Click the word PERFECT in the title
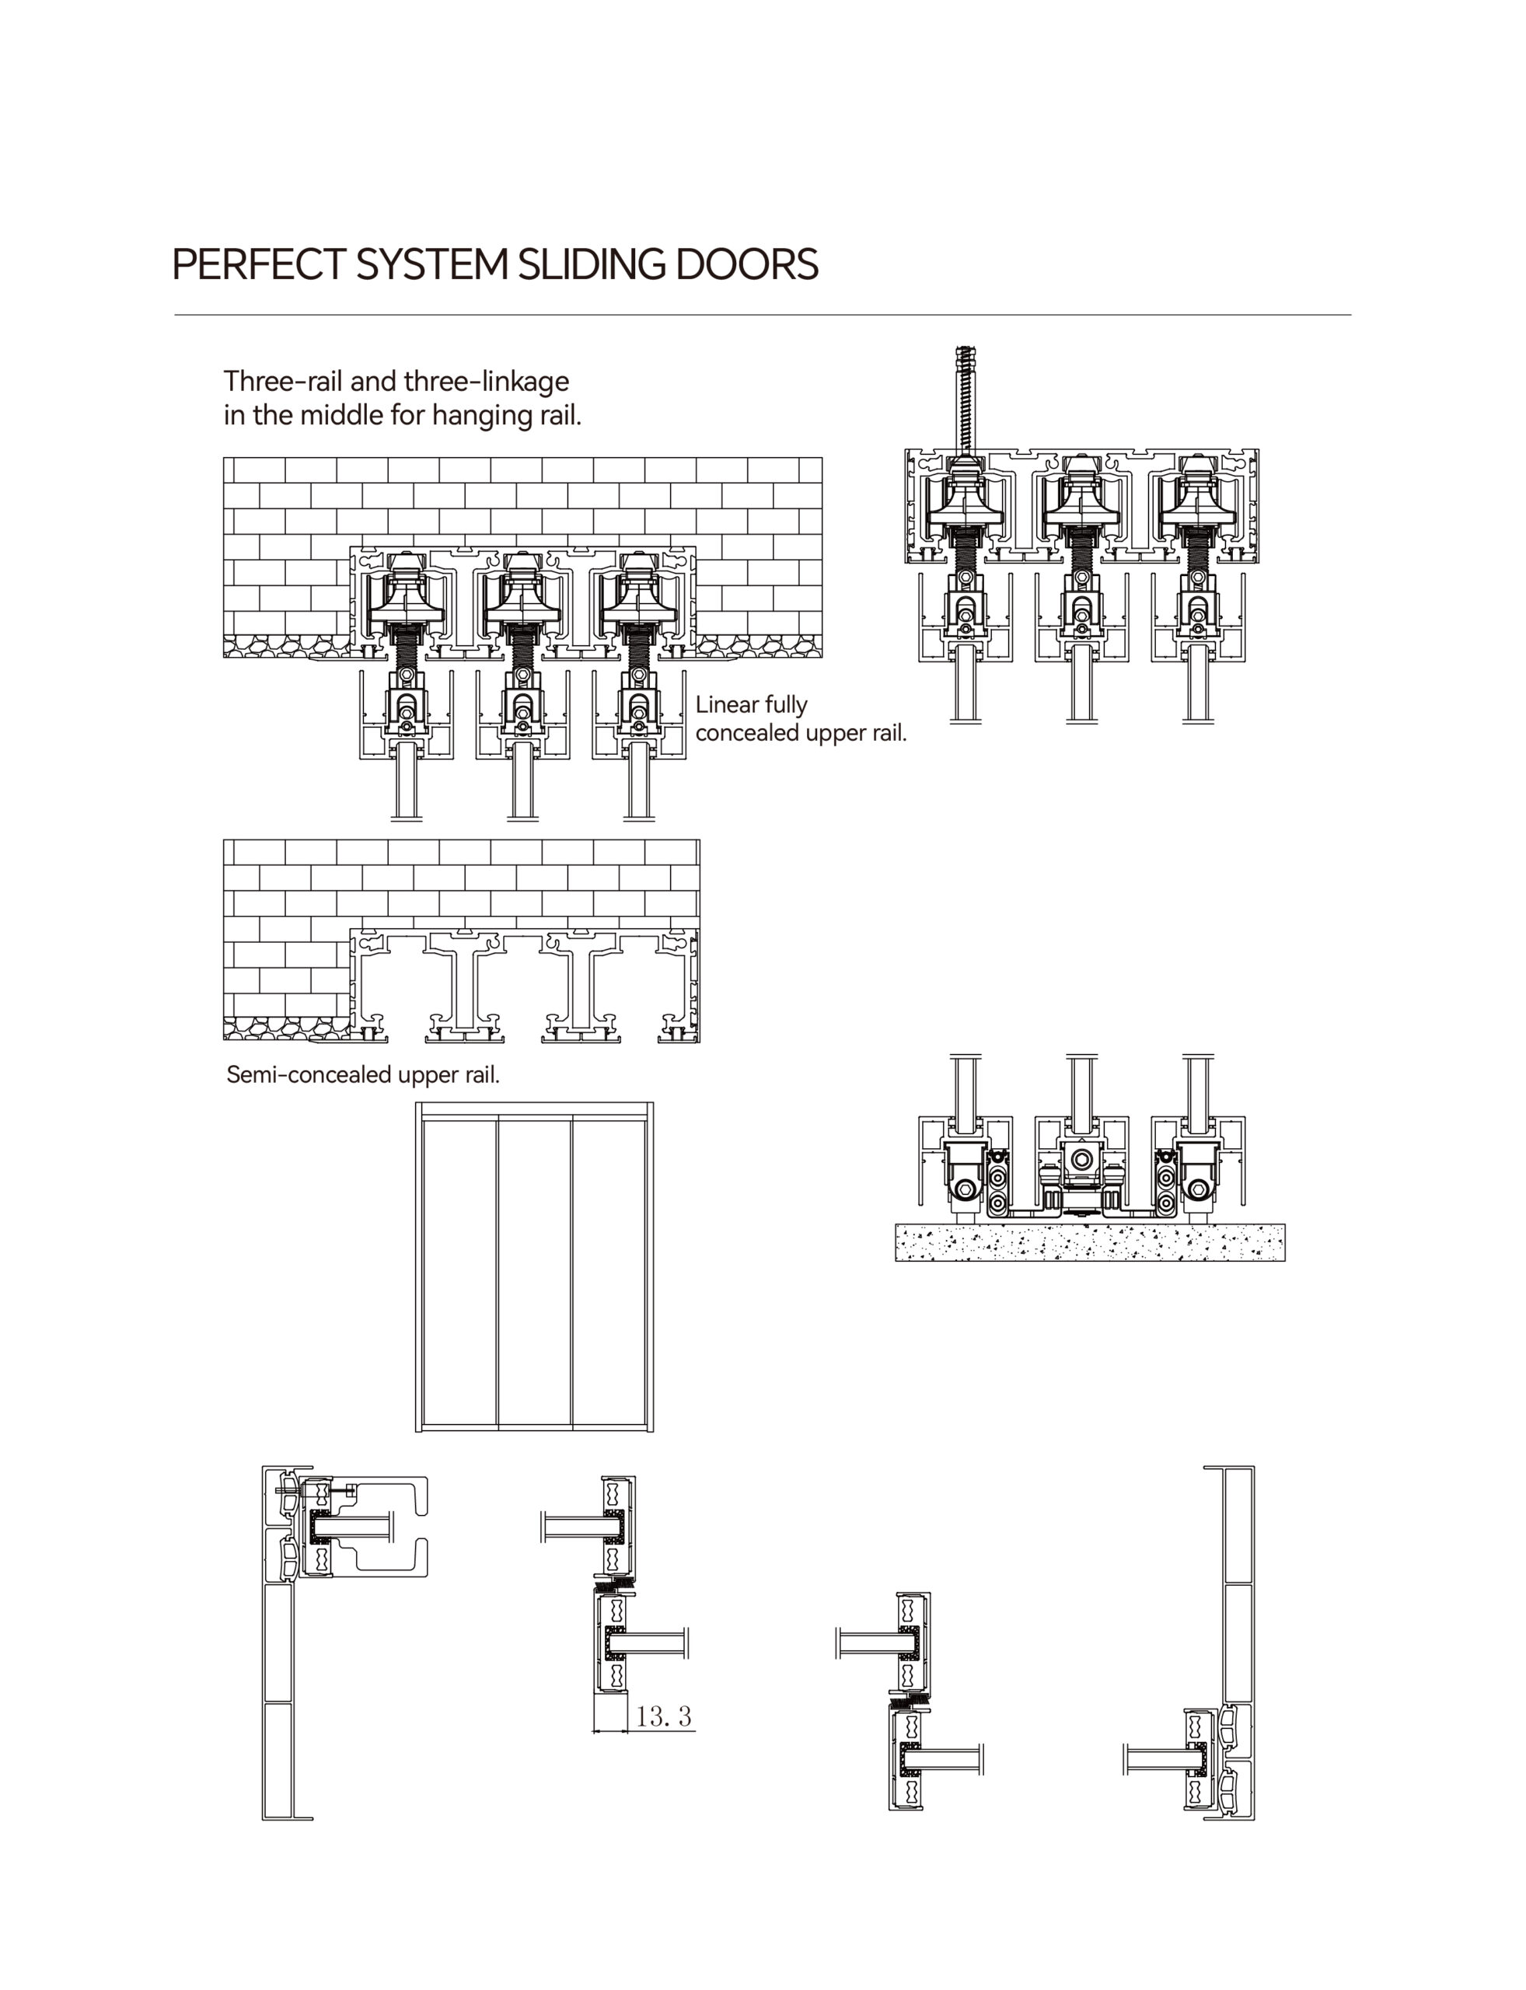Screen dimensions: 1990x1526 [x=258, y=264]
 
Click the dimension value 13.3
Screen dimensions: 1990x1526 [x=663, y=1716]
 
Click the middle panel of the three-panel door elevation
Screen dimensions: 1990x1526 [x=534, y=1273]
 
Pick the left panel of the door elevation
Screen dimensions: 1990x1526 [x=459, y=1273]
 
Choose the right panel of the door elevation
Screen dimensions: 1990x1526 [x=609, y=1273]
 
